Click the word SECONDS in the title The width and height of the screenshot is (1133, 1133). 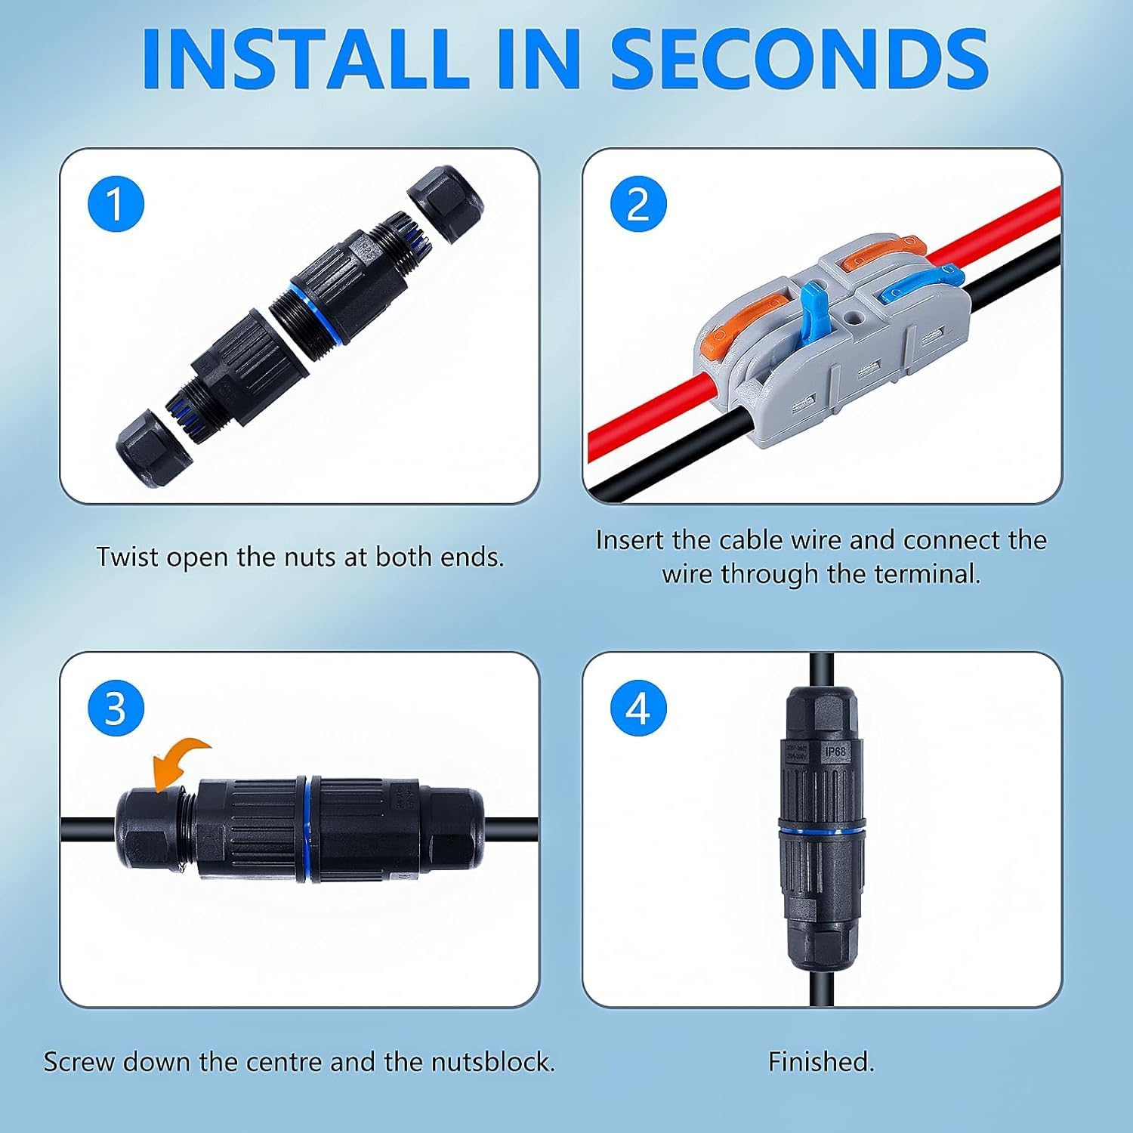(799, 59)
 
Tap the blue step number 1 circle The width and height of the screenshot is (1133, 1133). (116, 204)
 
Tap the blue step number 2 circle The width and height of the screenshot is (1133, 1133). (638, 204)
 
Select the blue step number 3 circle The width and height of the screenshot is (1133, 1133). (116, 709)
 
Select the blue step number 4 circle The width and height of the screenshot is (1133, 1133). (638, 709)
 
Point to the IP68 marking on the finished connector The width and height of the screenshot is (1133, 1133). (835, 752)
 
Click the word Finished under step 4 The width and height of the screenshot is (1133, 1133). (821, 1061)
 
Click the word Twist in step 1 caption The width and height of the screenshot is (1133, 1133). (127, 557)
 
